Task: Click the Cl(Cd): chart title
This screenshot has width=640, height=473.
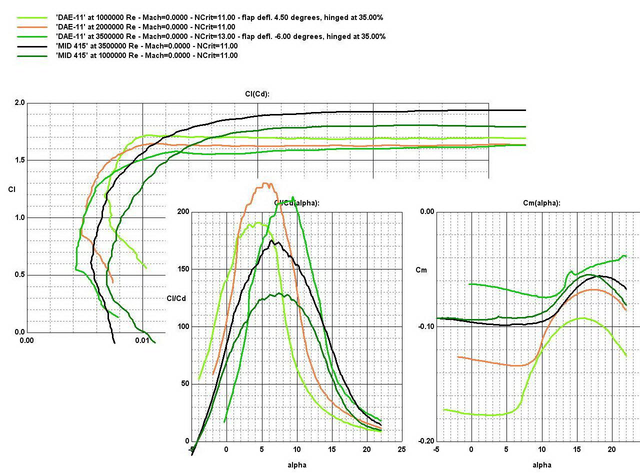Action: point(257,93)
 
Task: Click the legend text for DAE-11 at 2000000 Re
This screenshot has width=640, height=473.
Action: point(138,27)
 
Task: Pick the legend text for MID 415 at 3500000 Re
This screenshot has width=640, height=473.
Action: point(146,46)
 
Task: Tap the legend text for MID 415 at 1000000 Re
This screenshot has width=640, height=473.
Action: point(146,55)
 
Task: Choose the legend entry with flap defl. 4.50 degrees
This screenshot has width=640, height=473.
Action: point(219,17)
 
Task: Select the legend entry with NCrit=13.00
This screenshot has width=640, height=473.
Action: point(220,36)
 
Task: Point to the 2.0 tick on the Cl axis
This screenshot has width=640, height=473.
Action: point(19,102)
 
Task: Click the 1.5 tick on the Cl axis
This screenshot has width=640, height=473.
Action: point(19,160)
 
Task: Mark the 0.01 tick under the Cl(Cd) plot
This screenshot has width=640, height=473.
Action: point(142,340)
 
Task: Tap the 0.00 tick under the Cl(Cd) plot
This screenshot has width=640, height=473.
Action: point(26,340)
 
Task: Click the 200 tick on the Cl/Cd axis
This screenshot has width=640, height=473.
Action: point(183,211)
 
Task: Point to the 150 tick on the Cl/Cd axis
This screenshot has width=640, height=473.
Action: point(183,269)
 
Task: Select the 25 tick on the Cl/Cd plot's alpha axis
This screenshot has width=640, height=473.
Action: point(401,449)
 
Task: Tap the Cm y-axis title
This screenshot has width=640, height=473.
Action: point(421,270)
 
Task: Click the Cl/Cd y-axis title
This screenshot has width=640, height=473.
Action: point(176,298)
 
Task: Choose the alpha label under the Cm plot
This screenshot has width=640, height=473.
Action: point(542,465)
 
